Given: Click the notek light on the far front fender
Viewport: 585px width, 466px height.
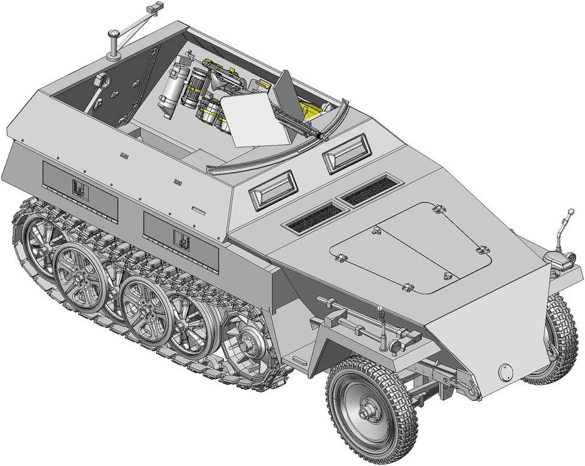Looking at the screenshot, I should [x=561, y=259].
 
